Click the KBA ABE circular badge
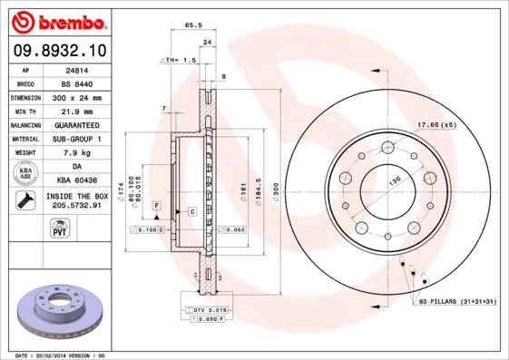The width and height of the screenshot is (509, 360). pyautogui.click(x=27, y=174)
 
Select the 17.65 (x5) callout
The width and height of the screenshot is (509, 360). pyautogui.click(x=436, y=124)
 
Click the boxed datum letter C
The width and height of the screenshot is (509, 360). pyautogui.click(x=192, y=211)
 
